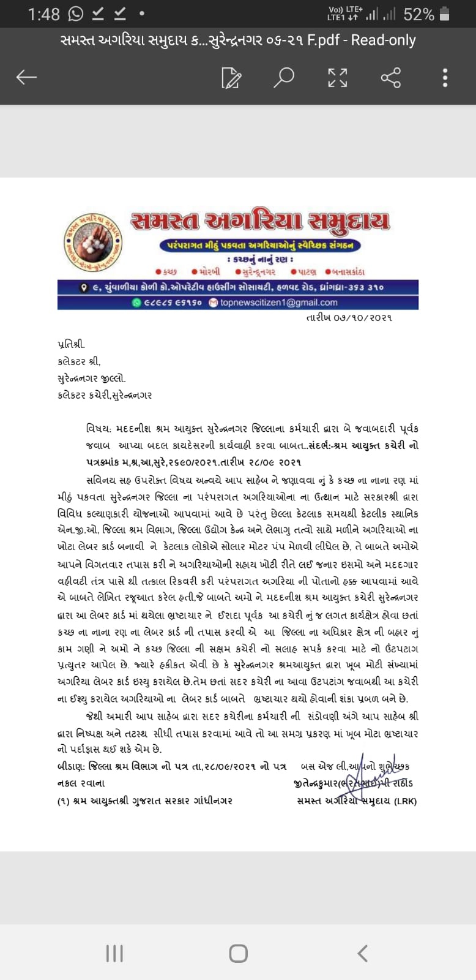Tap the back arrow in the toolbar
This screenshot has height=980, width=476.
point(26,77)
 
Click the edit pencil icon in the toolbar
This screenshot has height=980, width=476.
point(231,78)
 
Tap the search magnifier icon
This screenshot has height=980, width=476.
point(283,78)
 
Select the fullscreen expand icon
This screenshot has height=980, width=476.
point(337,78)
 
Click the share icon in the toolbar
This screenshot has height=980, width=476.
point(390,78)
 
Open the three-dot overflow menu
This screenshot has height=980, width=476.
point(445,78)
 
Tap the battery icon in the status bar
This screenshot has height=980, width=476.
point(445,13)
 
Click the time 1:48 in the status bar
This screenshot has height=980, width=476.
point(43,13)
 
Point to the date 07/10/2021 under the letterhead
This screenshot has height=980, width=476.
point(349,317)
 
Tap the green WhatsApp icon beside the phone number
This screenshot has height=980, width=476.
point(136,302)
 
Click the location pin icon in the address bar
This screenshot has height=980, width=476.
point(84,287)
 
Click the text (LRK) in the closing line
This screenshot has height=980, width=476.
point(405,801)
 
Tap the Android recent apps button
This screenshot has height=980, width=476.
point(114,953)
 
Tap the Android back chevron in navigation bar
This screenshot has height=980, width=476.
point(362,953)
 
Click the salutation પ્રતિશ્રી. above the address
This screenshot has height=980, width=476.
point(71,344)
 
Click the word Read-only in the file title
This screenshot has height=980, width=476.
point(383,40)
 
